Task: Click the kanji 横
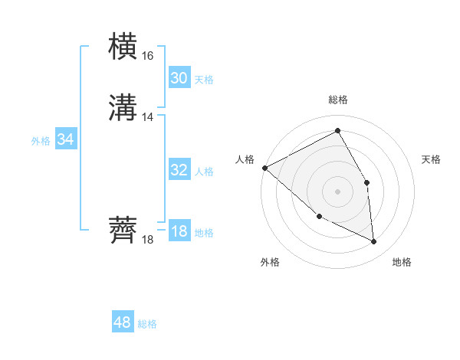[x=123, y=47]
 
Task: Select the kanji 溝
[x=123, y=108]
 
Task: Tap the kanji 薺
[x=123, y=231]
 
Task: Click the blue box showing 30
[x=179, y=77]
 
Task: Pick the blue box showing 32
[x=179, y=170]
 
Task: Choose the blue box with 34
[x=65, y=139]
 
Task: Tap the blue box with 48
[x=122, y=322]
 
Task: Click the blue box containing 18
[x=179, y=231]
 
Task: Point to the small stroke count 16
[x=147, y=56]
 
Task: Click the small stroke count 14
[x=147, y=117]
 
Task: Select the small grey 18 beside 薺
[x=147, y=240]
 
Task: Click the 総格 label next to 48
[x=147, y=324]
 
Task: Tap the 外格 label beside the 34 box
[x=41, y=141]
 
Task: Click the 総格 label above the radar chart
[x=337, y=100]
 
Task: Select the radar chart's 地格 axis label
[x=402, y=262]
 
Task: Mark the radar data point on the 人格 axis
[x=264, y=168]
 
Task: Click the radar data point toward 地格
[x=373, y=241]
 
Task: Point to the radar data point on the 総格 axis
[x=337, y=131]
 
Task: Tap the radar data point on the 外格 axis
[x=319, y=216]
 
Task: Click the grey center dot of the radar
[x=337, y=191]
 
